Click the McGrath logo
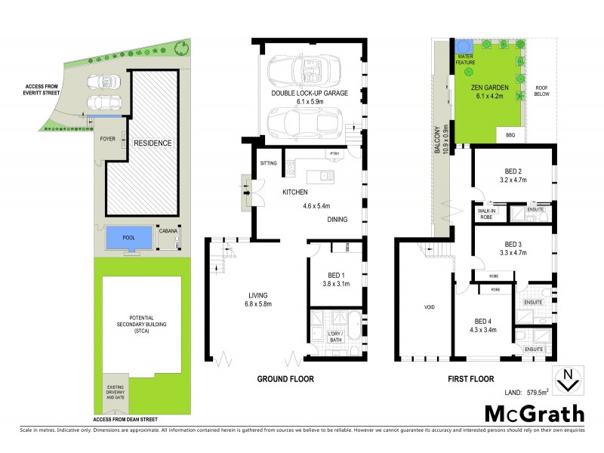(533, 413)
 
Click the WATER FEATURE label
(462, 59)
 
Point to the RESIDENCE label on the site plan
(153, 143)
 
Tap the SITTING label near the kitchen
(269, 163)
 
